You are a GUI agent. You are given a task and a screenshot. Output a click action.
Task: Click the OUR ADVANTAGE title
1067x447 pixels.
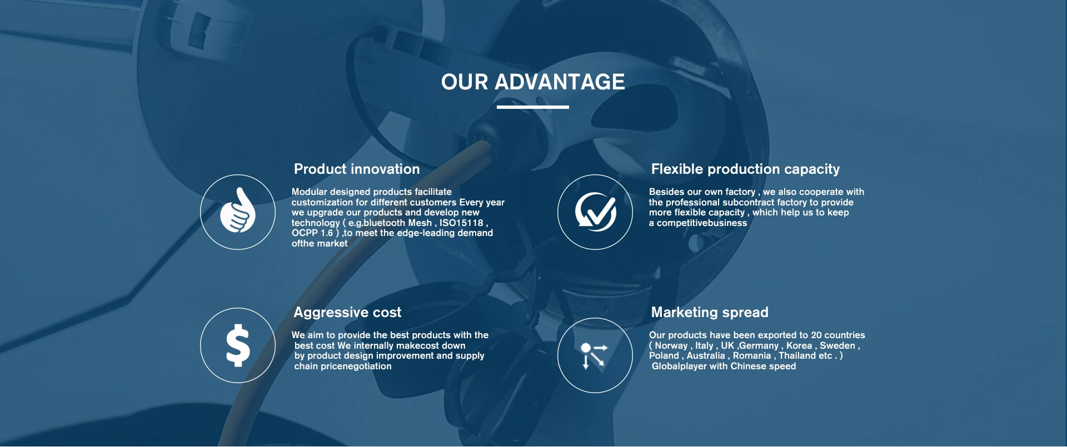coord(533,82)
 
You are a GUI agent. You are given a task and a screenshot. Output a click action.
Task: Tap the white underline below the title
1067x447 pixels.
coord(533,107)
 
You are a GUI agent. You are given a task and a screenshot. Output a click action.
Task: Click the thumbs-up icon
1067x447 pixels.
coord(238,210)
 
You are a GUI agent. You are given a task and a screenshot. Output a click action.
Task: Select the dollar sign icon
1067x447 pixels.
coord(238,345)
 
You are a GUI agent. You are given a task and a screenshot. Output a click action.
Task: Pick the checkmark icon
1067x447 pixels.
coord(595,212)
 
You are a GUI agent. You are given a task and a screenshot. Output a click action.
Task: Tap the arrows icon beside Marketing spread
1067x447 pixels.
coord(594,356)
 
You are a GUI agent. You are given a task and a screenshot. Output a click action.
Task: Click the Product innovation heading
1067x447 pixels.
coord(357,169)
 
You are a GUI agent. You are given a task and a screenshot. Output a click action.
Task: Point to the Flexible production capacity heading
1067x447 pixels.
coord(745,169)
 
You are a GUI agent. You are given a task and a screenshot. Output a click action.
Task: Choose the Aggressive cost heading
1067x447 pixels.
coord(347,313)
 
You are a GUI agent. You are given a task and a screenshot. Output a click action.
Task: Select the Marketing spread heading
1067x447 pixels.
coord(710,313)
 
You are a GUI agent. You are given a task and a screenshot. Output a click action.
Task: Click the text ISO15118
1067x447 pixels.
coord(461,223)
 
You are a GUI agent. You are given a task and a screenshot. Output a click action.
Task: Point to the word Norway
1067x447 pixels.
coord(671,345)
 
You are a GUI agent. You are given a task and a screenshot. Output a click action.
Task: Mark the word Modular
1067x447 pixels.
coord(310,192)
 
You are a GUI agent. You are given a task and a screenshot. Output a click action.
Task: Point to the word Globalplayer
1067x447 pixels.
coord(679,366)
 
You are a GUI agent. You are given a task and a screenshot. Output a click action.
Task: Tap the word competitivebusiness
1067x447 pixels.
coord(702,223)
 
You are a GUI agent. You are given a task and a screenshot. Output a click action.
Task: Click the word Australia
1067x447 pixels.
coord(706,355)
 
